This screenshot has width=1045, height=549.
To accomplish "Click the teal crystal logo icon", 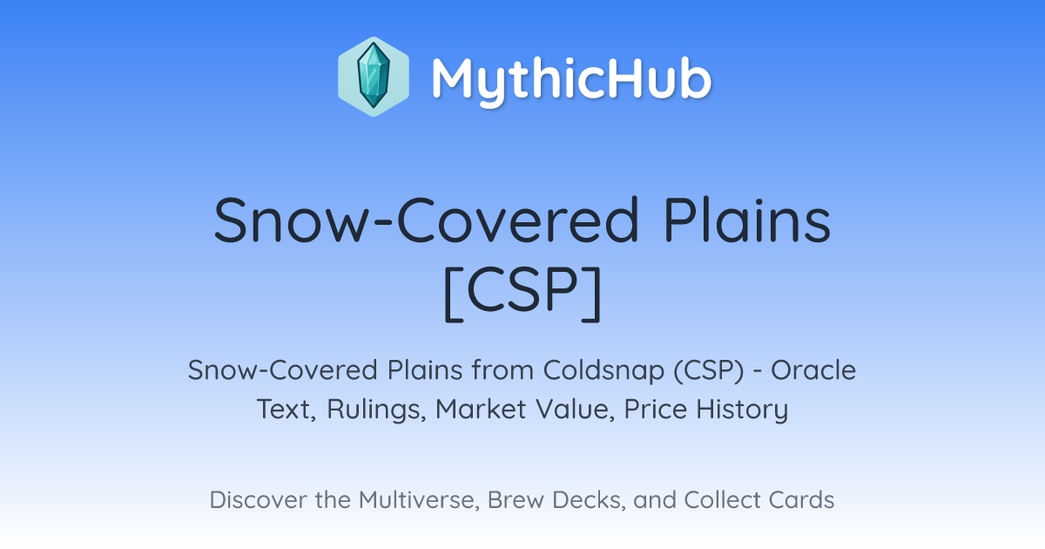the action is coord(374,77).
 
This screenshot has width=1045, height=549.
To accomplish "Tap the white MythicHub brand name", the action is coord(571,79).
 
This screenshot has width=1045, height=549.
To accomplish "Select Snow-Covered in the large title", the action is coord(426,220).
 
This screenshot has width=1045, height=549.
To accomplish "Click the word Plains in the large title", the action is coord(747,220).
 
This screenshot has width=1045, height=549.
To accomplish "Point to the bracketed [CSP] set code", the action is coord(522,293).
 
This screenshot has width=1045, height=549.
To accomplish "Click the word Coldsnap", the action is coord(603,370).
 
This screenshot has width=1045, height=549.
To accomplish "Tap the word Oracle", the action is coord(813,370).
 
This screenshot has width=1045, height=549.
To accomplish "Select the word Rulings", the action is coord(376,410).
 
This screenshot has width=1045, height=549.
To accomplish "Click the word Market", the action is coord(481,409).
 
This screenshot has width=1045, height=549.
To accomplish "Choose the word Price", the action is coord(656,409).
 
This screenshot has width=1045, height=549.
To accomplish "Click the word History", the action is coord(742,410).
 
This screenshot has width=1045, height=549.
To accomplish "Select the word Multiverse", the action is coord(419,500).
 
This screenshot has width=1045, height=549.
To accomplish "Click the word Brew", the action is coord(516,500).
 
